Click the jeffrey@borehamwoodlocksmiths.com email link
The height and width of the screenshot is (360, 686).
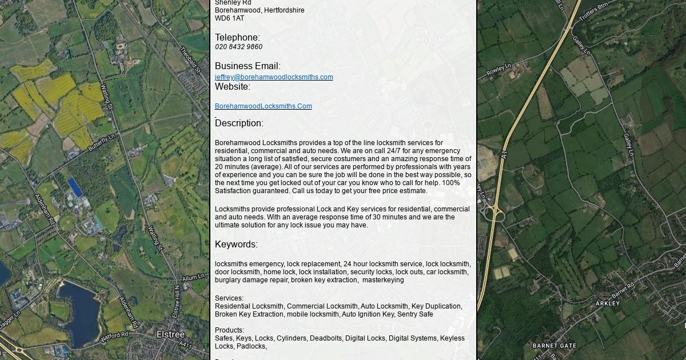(274, 77)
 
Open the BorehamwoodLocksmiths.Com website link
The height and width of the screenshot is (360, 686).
(263, 106)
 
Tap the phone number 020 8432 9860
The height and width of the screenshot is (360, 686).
(238, 47)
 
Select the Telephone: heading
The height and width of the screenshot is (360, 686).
(237, 38)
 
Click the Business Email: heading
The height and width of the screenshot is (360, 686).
(248, 66)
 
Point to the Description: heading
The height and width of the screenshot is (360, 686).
(239, 123)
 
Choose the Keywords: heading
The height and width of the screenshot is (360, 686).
(236, 245)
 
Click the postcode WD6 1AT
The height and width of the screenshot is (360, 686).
(229, 18)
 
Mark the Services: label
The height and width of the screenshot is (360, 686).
(229, 298)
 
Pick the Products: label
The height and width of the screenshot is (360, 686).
(229, 330)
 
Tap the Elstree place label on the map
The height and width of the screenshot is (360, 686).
(170, 334)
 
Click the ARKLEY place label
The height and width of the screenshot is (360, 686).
(608, 303)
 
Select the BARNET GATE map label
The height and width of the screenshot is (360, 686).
(555, 346)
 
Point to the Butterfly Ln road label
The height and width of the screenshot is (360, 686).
(102, 142)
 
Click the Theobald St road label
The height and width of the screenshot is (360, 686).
(190, 61)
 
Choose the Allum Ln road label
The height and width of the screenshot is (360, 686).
(193, 278)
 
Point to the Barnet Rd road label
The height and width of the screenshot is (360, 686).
(623, 290)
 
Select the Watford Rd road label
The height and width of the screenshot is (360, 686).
(114, 338)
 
